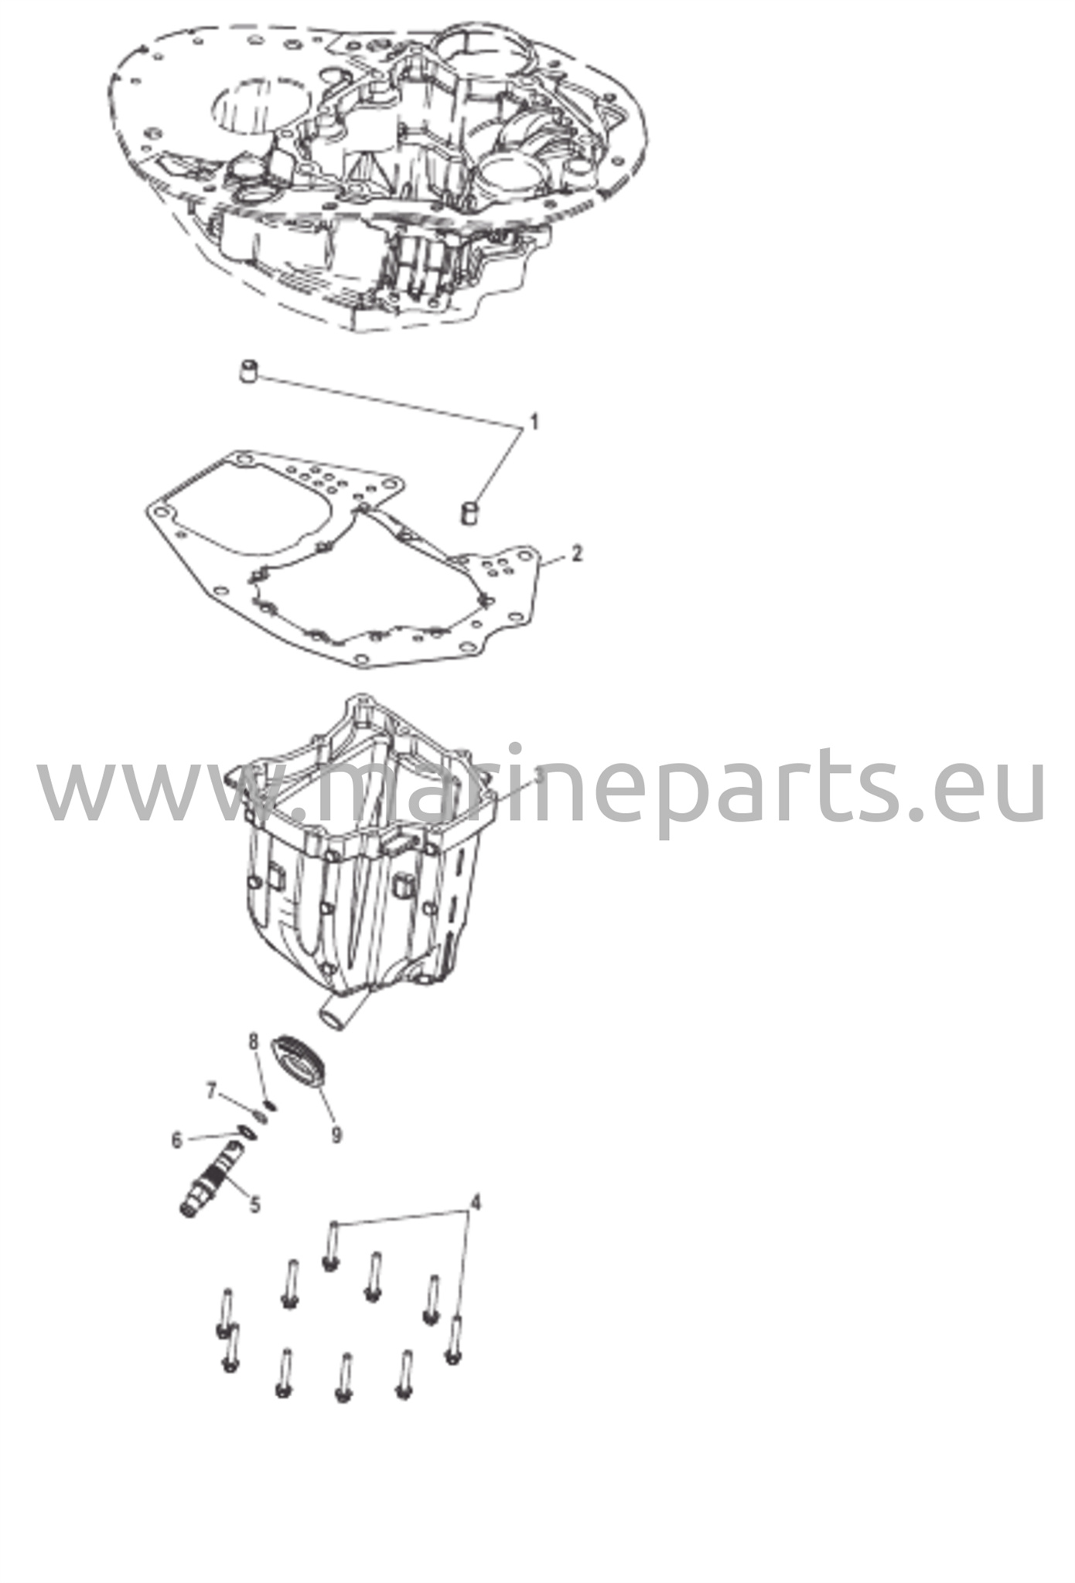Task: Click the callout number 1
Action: pyautogui.click(x=532, y=423)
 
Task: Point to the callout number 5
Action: pyautogui.click(x=254, y=1203)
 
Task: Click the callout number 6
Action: pyautogui.click(x=177, y=1139)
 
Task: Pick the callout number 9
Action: pyautogui.click(x=336, y=1135)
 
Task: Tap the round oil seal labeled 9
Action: pyautogui.click(x=300, y=1064)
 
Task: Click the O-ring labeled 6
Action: pyautogui.click(x=244, y=1133)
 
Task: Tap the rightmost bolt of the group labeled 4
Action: pyautogui.click(x=454, y=1340)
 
